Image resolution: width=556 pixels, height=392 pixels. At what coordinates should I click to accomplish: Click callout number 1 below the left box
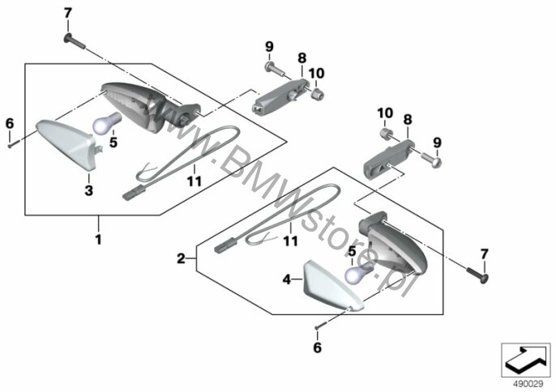(98, 240)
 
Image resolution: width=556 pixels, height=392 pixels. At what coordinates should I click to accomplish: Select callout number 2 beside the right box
(182, 258)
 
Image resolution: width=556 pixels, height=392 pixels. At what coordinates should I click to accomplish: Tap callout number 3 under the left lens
(88, 190)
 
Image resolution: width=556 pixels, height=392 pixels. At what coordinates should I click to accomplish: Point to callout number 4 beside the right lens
(287, 279)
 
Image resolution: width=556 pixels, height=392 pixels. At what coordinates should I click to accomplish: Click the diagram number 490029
(528, 384)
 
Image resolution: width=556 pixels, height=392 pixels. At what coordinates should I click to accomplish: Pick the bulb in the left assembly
(106, 122)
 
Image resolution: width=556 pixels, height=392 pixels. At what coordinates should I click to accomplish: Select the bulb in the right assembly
(358, 273)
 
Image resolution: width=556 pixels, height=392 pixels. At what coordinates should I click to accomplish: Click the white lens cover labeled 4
(331, 286)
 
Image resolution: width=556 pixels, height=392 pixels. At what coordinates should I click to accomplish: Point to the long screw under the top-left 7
(75, 41)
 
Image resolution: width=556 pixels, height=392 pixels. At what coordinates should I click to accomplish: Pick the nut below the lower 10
(386, 134)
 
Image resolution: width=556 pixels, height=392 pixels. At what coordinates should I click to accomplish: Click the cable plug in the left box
(133, 192)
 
